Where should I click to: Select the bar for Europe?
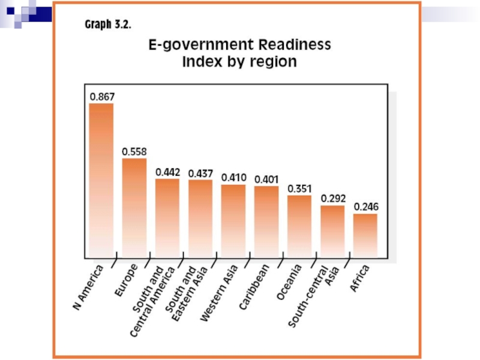click(134, 206)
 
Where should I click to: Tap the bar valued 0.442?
click(167, 217)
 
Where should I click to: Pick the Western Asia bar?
click(233, 220)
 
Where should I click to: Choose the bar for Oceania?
click(299, 225)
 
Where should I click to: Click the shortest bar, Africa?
click(365, 234)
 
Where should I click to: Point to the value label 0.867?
click(102, 96)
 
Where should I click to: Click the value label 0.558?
click(134, 152)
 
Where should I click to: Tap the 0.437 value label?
click(200, 173)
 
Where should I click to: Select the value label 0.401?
click(266, 179)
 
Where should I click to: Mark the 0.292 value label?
click(332, 197)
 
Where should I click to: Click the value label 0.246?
click(366, 206)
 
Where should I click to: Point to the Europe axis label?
click(126, 280)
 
